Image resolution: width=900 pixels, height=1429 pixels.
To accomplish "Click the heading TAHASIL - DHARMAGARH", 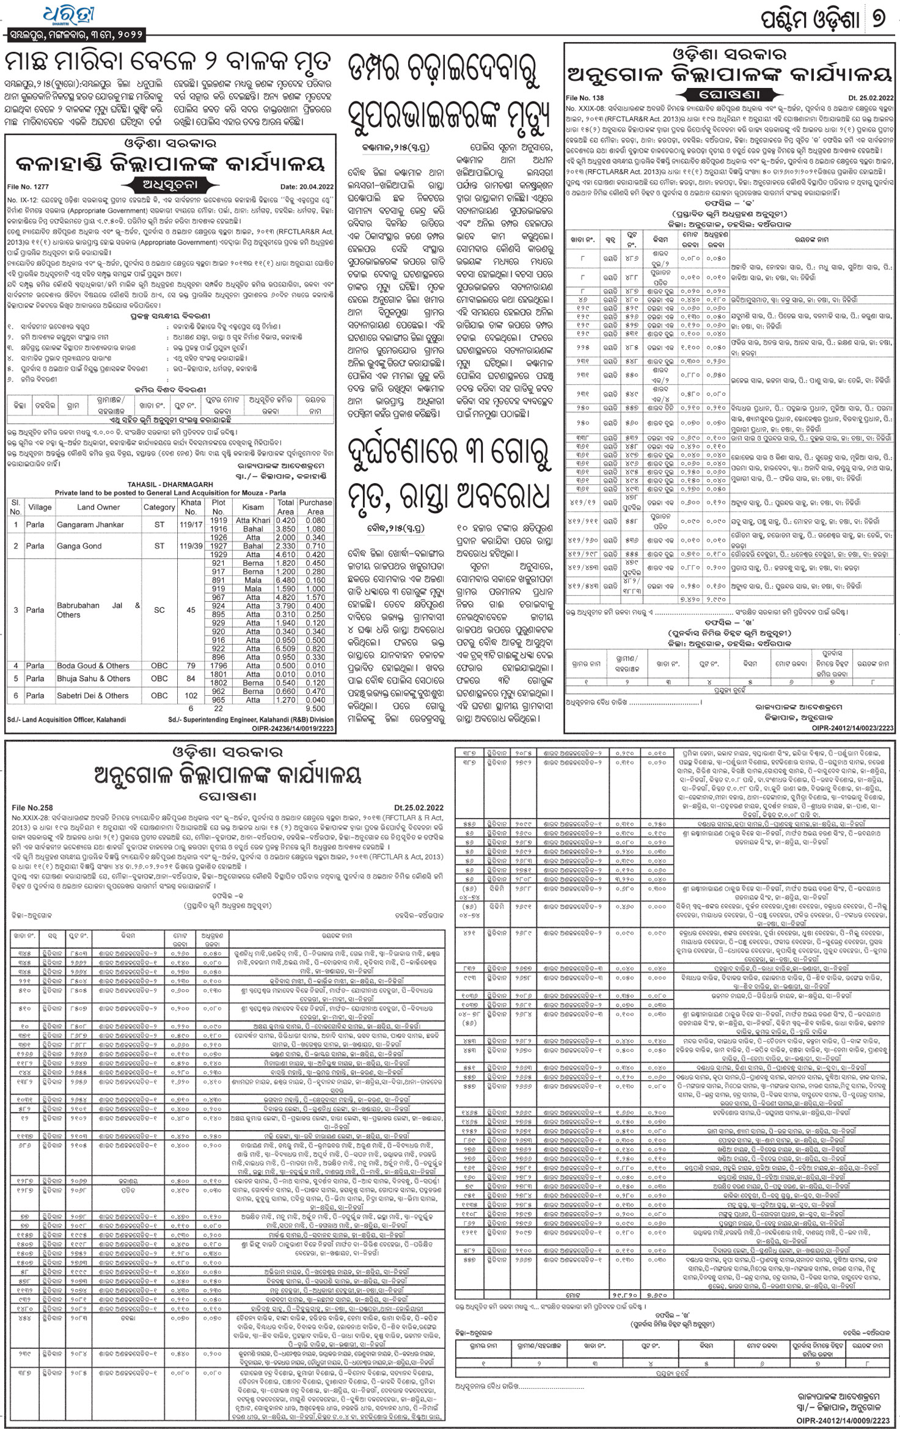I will (169, 484).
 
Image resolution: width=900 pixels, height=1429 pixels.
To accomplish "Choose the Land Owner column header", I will (98, 507).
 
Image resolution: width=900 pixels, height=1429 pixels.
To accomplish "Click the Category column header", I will (159, 507).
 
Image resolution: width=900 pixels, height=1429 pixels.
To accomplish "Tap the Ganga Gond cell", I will (79, 546).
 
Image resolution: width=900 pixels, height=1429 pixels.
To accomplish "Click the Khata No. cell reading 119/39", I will (191, 546).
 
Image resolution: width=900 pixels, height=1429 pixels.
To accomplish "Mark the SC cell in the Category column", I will (159, 610).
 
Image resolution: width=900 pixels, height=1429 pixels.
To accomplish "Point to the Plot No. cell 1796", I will (219, 665).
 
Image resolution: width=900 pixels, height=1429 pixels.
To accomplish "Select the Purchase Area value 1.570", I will (315, 597).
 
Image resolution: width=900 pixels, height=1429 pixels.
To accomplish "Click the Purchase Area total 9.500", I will (315, 709).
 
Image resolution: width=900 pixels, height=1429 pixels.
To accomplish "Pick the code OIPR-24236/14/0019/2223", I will (293, 728).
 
